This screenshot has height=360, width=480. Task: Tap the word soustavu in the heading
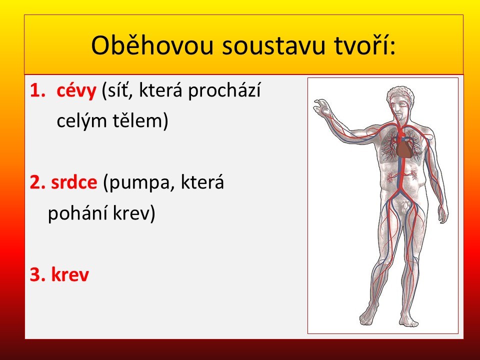(x=273, y=45)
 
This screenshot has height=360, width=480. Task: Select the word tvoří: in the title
(x=364, y=45)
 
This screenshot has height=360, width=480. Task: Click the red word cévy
(x=76, y=91)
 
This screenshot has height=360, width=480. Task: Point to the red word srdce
(x=74, y=182)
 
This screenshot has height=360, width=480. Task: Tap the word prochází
(x=224, y=91)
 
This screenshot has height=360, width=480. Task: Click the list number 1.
(x=37, y=90)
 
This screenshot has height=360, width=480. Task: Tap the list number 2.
(x=37, y=182)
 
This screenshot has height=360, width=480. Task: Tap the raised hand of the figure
(x=321, y=106)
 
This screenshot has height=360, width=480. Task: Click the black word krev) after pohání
(x=134, y=213)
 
